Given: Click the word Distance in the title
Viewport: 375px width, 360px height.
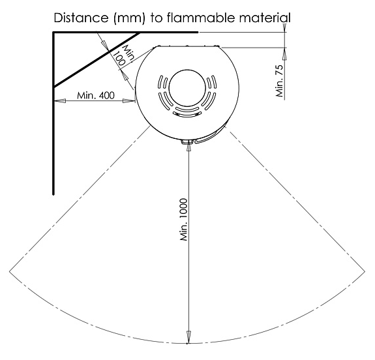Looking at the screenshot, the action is (x=81, y=18).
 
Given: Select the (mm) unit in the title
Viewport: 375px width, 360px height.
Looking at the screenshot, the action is (x=130, y=18).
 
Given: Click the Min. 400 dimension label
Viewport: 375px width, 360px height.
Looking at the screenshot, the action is (x=96, y=95).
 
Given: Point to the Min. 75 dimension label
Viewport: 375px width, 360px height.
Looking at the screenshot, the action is (x=279, y=81).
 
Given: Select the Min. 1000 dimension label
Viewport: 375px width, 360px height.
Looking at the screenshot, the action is (x=183, y=219).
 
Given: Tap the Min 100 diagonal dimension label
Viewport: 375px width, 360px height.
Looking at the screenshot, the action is (x=123, y=55).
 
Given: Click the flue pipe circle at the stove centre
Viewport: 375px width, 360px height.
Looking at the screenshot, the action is (x=187, y=88).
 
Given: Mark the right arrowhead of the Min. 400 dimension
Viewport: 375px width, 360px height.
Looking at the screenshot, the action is (x=128, y=100).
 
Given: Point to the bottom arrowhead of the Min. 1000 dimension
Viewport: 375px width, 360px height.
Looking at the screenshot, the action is (x=188, y=337).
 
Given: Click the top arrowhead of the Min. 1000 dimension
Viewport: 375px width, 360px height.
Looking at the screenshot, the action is (x=188, y=145).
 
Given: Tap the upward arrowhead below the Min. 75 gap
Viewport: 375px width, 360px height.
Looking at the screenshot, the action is (x=284, y=53).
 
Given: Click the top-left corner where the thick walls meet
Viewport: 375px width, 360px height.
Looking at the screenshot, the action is (x=53, y=33).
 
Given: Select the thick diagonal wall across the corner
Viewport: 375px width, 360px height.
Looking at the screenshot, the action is (x=97, y=59).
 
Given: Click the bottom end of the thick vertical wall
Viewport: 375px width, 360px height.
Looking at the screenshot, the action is (x=53, y=194).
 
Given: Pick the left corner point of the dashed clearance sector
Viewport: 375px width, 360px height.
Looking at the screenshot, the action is (x=10, y=271).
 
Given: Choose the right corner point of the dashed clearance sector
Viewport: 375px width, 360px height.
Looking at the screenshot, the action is (x=365, y=271).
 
